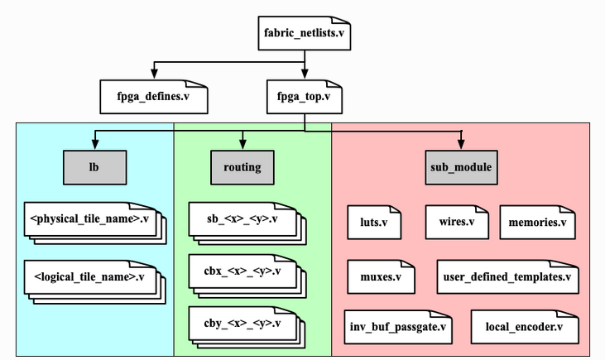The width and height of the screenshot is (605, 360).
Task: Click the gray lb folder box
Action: (94, 167)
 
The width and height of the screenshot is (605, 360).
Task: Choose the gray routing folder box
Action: (242, 167)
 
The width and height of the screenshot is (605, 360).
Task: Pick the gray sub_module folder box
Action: (461, 167)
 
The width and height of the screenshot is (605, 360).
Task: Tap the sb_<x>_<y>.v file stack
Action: (242, 220)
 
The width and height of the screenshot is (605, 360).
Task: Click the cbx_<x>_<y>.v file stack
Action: (242, 272)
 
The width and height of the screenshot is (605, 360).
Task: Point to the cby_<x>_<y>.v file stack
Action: (242, 324)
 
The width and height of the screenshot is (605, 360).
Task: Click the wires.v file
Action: (457, 223)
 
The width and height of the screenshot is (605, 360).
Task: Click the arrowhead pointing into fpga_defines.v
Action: (154, 75)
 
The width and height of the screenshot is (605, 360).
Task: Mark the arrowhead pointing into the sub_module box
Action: (461, 146)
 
